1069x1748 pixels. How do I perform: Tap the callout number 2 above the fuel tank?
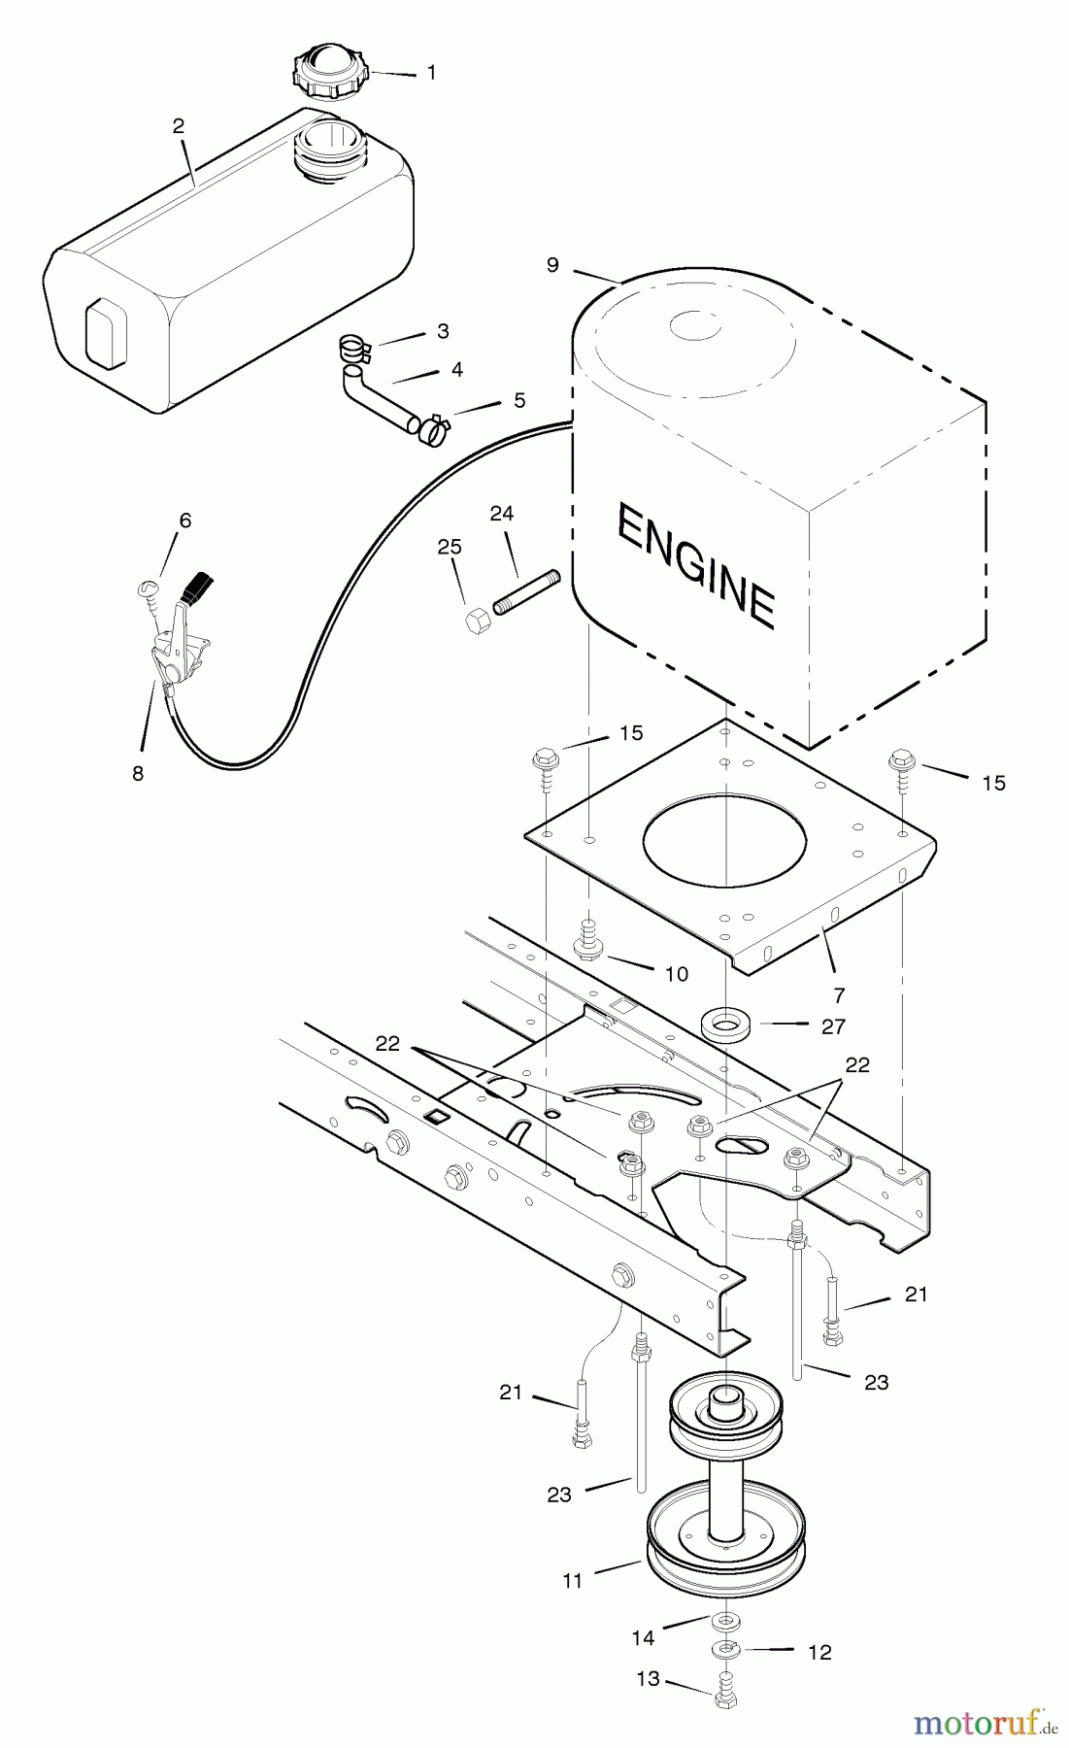point(179,126)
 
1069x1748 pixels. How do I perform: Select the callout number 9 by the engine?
point(552,265)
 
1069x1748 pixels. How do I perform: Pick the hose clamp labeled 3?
point(354,345)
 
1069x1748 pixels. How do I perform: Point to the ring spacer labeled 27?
point(720,1025)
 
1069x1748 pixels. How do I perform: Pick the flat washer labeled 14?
point(722,1623)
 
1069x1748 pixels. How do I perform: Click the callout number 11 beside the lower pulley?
point(572,1581)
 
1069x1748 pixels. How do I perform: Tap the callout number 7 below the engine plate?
point(839,994)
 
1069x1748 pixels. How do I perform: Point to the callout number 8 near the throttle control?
point(137,773)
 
